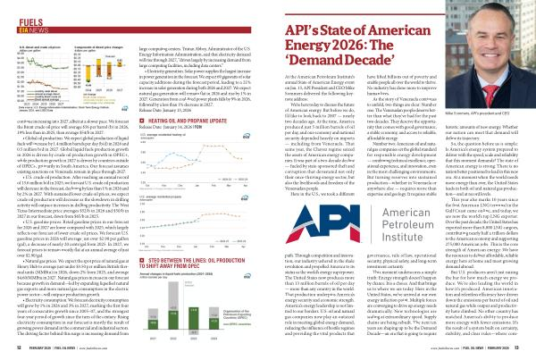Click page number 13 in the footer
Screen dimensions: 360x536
[530, 353]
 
